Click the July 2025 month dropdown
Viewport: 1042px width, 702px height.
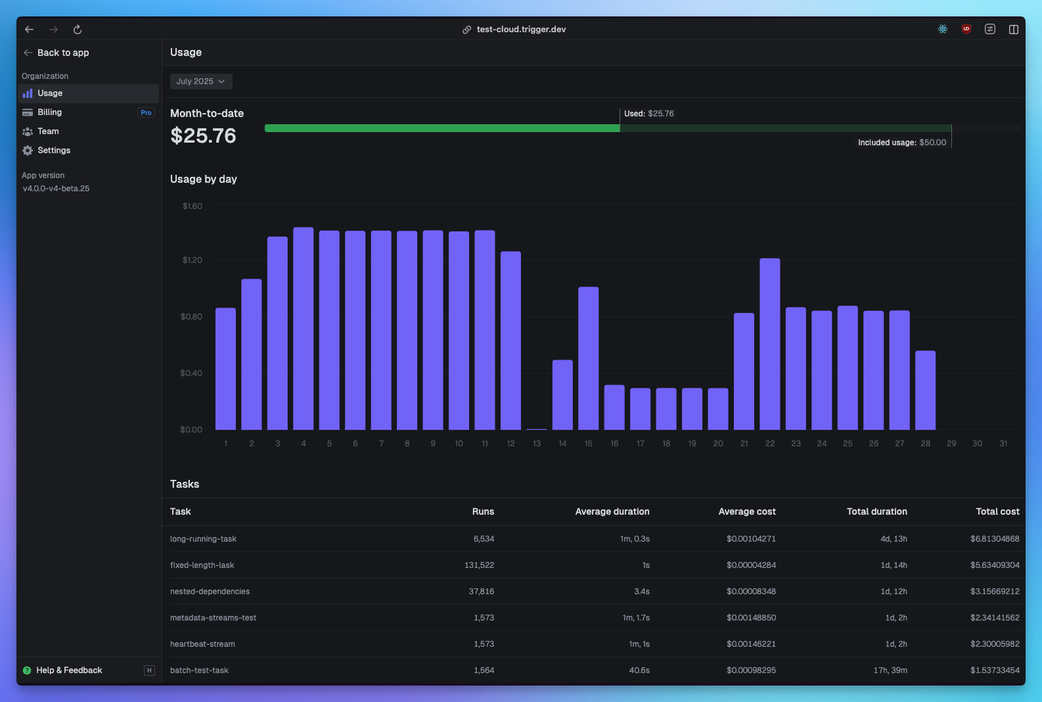[200, 82]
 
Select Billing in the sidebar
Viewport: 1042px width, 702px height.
[49, 112]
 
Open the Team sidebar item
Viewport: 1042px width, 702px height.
[48, 131]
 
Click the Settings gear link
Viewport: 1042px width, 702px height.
[53, 151]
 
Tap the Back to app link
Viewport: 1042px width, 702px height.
[62, 53]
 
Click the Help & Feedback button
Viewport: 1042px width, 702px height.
[69, 670]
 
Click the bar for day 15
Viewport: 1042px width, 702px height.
[588, 358]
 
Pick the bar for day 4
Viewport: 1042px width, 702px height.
[303, 329]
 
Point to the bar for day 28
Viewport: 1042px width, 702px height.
[925, 390]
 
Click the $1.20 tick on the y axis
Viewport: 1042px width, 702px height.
[193, 260]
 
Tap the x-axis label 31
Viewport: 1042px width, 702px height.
[1003, 444]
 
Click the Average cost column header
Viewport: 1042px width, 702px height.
[747, 511]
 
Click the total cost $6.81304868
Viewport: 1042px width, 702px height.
[995, 539]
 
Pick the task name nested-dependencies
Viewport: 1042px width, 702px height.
[210, 592]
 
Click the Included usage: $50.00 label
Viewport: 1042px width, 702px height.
[902, 143]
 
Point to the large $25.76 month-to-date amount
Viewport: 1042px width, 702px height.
[203, 136]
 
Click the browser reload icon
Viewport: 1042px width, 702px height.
[78, 30]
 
